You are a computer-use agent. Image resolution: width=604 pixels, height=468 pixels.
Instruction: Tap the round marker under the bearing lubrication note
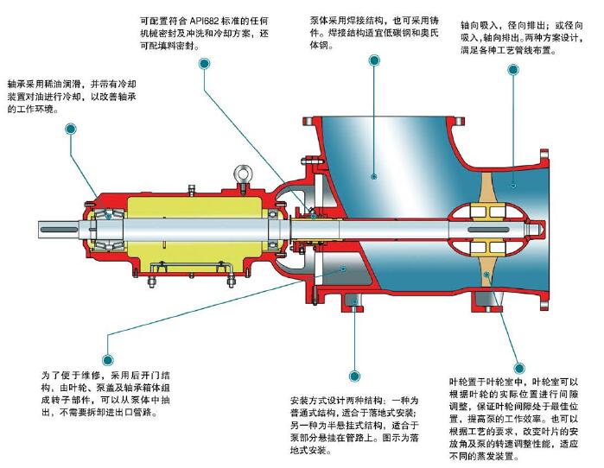[69, 130]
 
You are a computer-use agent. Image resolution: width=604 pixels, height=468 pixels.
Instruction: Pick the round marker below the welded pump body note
[374, 60]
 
